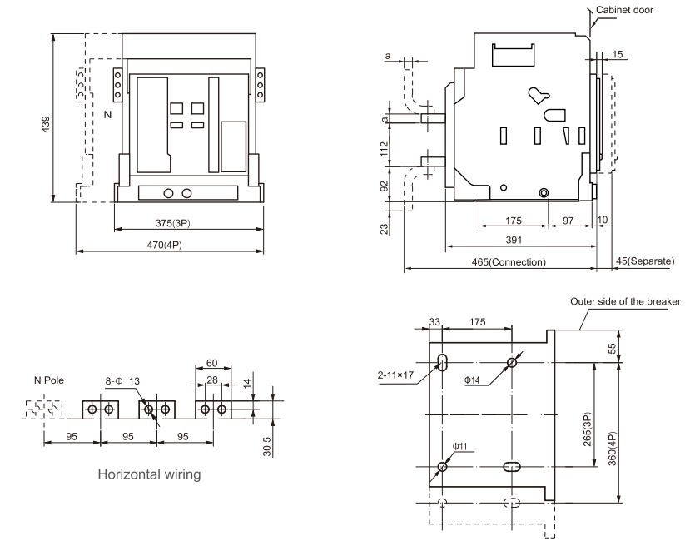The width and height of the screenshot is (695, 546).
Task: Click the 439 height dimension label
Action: click(45, 125)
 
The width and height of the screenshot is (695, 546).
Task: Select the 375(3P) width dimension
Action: click(173, 223)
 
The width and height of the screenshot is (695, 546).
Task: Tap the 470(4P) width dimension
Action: click(164, 245)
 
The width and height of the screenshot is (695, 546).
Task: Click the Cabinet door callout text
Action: click(624, 10)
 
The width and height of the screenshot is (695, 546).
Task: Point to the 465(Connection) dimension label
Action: click(509, 262)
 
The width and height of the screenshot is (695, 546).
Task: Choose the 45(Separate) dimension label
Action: click(645, 261)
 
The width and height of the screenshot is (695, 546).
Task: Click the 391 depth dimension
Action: click(514, 240)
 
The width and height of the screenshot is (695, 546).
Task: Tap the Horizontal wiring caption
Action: click(149, 474)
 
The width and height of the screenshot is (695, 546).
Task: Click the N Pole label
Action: click(49, 380)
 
